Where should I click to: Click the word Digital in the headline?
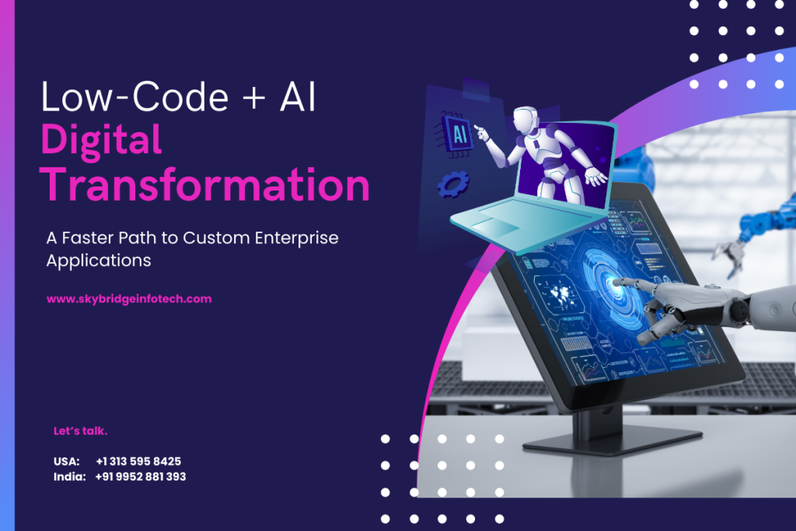[101, 141]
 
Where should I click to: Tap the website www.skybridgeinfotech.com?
[129, 299]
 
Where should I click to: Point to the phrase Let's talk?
[80, 430]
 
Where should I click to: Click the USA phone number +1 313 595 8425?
[138, 461]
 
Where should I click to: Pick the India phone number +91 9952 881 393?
[141, 477]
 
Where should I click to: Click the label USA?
[66, 461]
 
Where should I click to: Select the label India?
[69, 477]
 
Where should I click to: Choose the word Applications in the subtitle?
[99, 260]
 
